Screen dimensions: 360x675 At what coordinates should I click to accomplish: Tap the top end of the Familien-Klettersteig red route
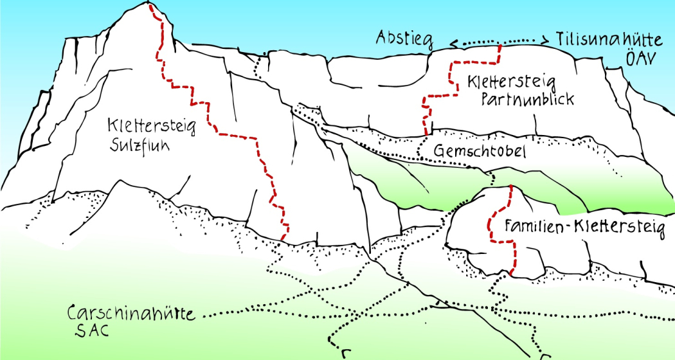[510, 186]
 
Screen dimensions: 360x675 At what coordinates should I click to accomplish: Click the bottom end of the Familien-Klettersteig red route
[512, 273]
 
